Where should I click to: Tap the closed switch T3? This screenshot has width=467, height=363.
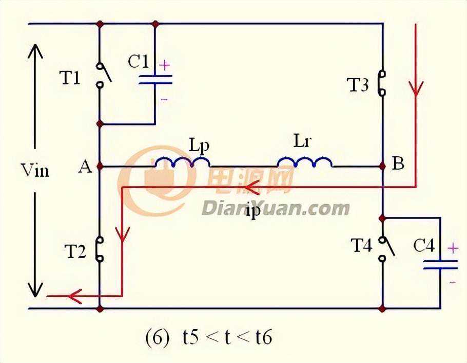click(x=382, y=83)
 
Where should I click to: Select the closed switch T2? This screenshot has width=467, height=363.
click(x=100, y=249)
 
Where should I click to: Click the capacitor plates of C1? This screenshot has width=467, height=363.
click(x=154, y=80)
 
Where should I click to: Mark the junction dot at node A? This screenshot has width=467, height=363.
click(x=100, y=167)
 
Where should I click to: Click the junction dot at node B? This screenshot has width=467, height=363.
click(x=382, y=167)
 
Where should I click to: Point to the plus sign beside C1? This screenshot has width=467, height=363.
click(x=164, y=66)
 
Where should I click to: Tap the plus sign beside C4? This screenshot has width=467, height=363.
click(x=453, y=248)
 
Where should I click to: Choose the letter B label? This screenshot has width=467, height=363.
click(x=398, y=165)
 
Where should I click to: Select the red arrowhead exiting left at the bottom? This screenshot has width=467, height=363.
click(x=75, y=296)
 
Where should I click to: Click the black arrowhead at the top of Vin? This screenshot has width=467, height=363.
click(x=35, y=51)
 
